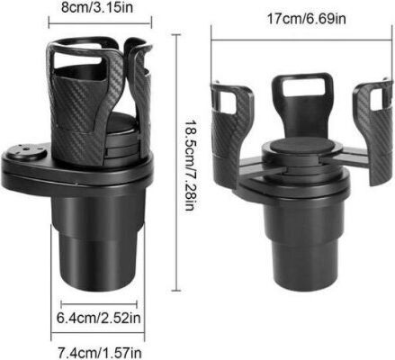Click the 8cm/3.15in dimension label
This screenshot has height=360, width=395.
[97, 7]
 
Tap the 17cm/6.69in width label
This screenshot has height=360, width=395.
[306, 19]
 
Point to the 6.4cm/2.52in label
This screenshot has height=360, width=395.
[99, 318]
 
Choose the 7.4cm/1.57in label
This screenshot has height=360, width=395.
[100, 353]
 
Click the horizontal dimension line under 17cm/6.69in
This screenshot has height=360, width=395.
[301, 40]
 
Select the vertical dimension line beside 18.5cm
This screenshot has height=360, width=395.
[176, 163]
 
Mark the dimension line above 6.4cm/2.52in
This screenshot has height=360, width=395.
[99, 304]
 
